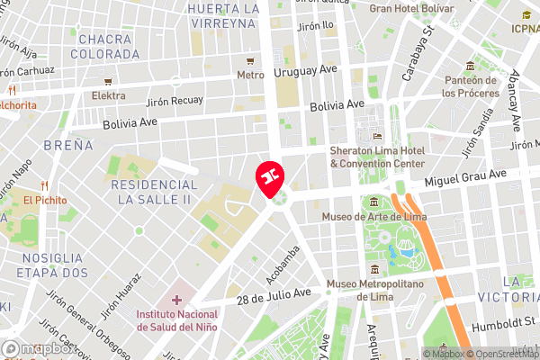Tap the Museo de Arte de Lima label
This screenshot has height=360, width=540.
pos(375,216)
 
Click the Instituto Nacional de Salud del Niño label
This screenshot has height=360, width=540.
pos(186,319)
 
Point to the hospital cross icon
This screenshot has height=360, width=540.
pos(176,299)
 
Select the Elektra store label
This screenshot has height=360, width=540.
pos(109,94)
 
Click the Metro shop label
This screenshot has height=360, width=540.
pos(250,76)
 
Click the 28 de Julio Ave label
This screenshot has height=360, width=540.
pos(274,295)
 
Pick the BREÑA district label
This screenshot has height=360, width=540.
pos(67,144)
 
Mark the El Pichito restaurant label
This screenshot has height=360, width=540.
pos(41,200)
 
